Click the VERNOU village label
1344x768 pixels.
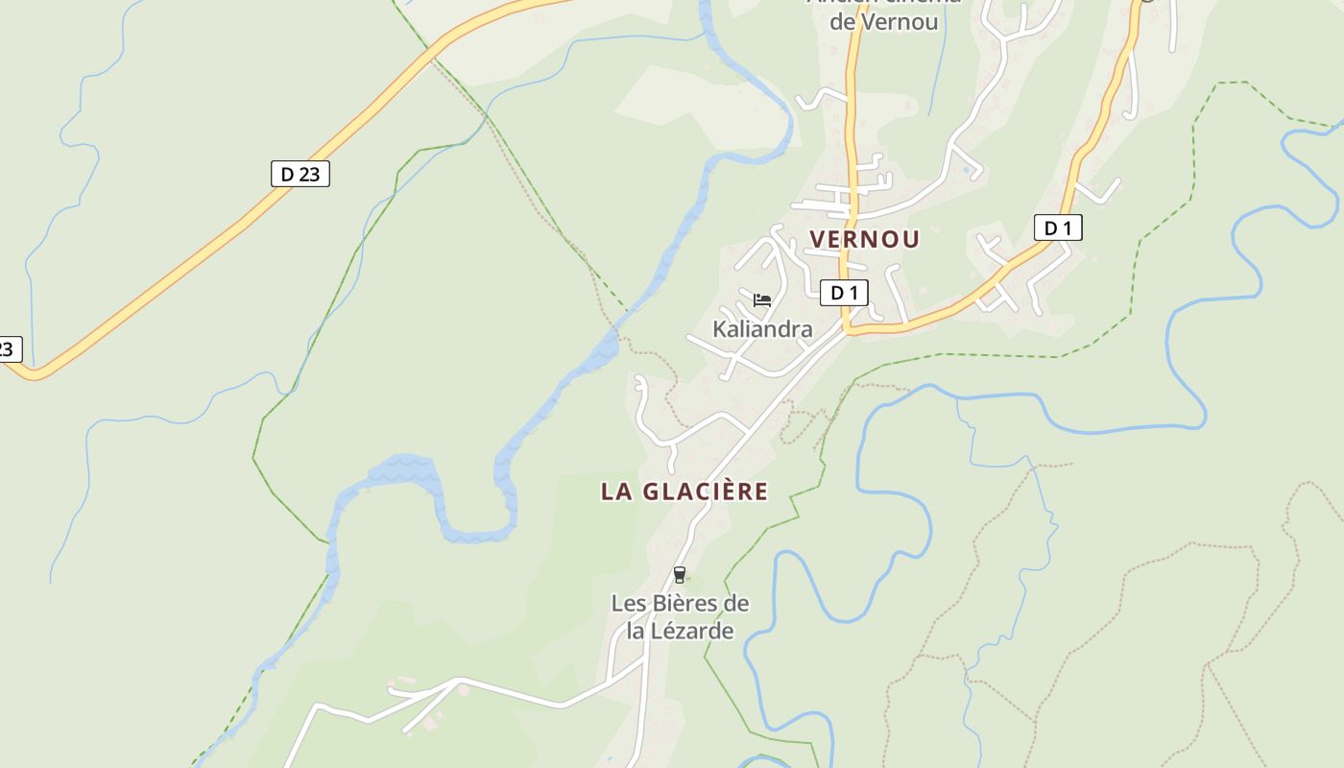pos(864,239)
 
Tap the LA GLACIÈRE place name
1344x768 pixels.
pos(684,492)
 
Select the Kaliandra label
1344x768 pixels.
pos(762,329)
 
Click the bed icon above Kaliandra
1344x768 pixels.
pos(762,300)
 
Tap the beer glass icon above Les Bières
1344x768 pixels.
pos(680,575)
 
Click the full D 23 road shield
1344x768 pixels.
pos(300,174)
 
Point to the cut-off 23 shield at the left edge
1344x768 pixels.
pos(8,349)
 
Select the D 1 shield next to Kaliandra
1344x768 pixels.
pos(844,293)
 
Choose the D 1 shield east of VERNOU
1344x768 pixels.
pos(1057,228)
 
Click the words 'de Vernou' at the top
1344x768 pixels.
pos(883,21)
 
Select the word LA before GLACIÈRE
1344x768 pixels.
pos(615,492)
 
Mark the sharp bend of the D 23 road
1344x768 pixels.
pos(35,372)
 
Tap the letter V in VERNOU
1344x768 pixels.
pos(819,239)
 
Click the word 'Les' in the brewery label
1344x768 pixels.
pos(628,604)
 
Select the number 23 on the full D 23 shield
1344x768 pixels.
pos(308,174)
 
